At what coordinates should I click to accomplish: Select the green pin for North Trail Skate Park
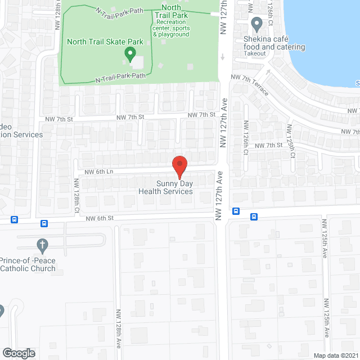(130, 55)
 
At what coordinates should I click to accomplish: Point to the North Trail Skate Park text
(105, 42)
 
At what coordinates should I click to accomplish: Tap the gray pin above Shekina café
(257, 25)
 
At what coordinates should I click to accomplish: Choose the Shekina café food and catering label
(274, 43)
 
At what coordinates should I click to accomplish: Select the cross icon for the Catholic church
(41, 245)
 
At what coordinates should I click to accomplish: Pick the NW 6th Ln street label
(99, 172)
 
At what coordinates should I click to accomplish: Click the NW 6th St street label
(100, 218)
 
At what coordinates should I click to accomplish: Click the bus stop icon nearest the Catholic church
(44, 223)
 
